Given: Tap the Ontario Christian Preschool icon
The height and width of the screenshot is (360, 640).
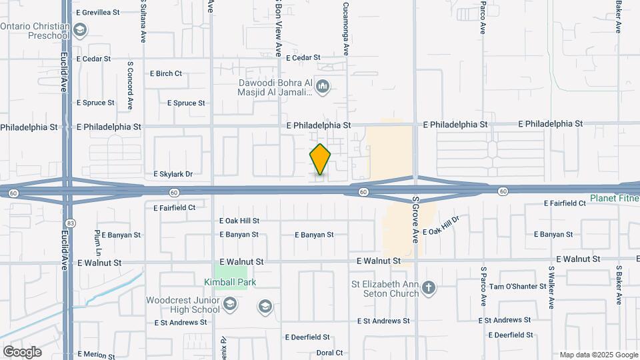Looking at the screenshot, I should [81, 30].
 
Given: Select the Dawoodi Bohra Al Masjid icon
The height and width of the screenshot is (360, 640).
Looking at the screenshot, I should [323, 86].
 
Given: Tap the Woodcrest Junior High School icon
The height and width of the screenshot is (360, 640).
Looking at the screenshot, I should [229, 305].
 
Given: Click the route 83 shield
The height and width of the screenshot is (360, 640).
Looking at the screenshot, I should [69, 223].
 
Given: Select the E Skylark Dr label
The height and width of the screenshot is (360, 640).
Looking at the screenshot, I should [173, 174].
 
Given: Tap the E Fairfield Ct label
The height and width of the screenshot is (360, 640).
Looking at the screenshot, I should [174, 207].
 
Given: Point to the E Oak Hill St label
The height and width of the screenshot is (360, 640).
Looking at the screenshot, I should [239, 221].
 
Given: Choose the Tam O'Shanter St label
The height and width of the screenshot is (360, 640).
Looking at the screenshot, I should [518, 287].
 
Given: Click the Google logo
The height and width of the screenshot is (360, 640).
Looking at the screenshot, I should [22, 351].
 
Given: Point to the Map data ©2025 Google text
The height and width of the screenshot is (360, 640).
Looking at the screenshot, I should [599, 355].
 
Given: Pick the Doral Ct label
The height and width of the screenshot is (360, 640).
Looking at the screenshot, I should [329, 353].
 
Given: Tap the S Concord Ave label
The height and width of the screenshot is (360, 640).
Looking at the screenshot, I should [130, 85].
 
